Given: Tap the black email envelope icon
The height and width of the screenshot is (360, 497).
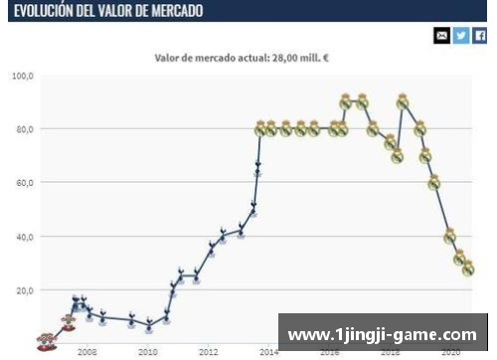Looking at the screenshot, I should (x=442, y=36).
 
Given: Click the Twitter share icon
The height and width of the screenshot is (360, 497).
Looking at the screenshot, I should (x=461, y=36).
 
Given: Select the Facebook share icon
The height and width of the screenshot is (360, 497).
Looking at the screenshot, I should (x=480, y=36).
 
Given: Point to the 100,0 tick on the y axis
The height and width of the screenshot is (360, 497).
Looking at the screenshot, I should (x=23, y=76).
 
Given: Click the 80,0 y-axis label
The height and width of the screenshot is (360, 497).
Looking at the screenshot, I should (x=23, y=129).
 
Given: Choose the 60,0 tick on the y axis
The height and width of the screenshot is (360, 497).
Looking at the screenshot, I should (x=23, y=183).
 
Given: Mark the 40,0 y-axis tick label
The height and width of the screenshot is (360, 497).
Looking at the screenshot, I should (x=23, y=237).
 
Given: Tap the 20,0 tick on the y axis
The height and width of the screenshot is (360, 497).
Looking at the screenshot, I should (x=23, y=290).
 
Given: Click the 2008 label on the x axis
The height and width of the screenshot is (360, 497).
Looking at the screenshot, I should (x=87, y=352).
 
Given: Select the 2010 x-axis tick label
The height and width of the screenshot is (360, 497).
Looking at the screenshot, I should (x=148, y=352).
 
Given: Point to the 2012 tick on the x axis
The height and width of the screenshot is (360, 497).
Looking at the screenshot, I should (x=209, y=352).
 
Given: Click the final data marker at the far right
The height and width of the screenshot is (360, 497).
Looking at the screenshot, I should (x=468, y=270).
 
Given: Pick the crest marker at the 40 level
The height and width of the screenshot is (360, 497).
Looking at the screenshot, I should (x=449, y=237).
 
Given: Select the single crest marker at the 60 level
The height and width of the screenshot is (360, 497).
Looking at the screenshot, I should (x=434, y=183).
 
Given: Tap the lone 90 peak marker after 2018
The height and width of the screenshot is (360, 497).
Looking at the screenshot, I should (x=403, y=101).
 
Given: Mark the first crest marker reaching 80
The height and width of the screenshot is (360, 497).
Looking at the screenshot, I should (x=260, y=129).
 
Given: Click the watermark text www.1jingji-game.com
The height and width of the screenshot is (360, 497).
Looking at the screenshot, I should (x=382, y=335).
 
